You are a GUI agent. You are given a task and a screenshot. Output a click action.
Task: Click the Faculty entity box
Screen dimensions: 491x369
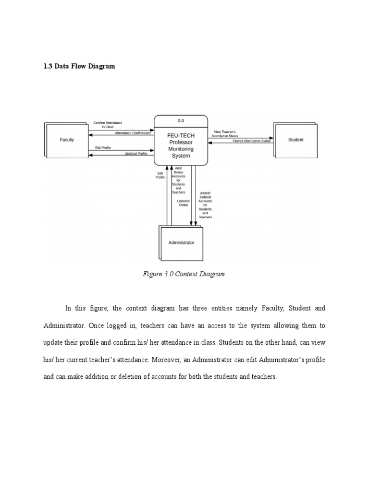[67, 140]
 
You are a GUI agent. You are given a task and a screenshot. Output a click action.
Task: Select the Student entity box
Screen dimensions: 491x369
[295, 140]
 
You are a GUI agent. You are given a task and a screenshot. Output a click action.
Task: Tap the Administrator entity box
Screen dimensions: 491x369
[182, 243]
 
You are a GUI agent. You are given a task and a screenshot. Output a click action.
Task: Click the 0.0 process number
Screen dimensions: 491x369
[181, 121]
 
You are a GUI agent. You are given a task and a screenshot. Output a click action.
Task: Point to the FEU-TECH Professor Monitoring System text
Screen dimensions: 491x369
[181, 146]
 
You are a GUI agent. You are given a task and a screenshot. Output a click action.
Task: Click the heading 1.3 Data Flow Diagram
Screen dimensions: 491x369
[79, 66]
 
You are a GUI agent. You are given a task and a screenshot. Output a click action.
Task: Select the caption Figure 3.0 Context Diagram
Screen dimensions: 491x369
[184, 274]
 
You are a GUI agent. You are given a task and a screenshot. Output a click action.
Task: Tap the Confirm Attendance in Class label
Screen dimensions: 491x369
[108, 125]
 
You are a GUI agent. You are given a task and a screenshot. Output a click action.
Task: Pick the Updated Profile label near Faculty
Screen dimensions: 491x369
[135, 153]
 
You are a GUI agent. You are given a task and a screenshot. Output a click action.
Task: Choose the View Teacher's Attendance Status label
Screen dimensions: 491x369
[225, 133]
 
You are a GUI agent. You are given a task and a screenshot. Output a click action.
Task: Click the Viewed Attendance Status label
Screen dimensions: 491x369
[251, 141]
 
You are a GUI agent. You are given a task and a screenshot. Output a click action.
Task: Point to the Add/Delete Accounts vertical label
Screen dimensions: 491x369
[179, 180]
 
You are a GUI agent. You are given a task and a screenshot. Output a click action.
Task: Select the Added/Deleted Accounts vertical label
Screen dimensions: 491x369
[205, 205]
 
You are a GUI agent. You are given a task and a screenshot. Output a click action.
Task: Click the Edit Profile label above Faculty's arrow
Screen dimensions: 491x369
[103, 148]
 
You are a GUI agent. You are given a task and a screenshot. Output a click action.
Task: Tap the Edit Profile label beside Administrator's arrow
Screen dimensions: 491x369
[160, 175]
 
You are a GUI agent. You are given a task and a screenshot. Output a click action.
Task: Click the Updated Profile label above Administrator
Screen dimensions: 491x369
[183, 203]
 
